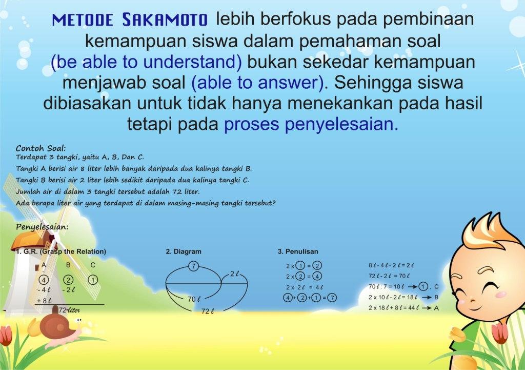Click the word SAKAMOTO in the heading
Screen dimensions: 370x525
(165, 20)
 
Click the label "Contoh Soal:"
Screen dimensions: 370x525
(41, 147)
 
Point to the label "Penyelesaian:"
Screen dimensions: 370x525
(42, 226)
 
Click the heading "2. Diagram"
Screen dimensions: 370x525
(184, 251)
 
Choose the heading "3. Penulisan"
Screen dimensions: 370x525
(298, 251)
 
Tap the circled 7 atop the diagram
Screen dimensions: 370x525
(193, 266)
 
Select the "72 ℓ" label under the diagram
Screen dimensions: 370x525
(208, 311)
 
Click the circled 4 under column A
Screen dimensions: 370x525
(44, 280)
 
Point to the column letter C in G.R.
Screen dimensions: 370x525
(92, 265)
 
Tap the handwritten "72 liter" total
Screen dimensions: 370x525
(70, 310)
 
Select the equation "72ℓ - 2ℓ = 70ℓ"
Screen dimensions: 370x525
(391, 276)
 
